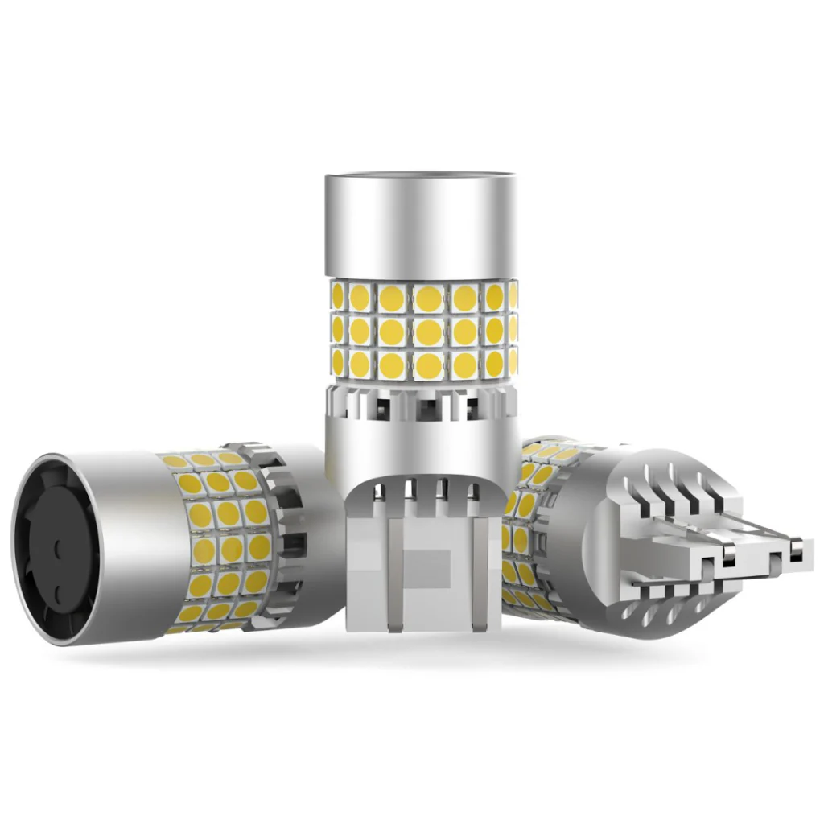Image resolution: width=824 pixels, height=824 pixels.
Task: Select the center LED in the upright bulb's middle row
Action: pos(427,331)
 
